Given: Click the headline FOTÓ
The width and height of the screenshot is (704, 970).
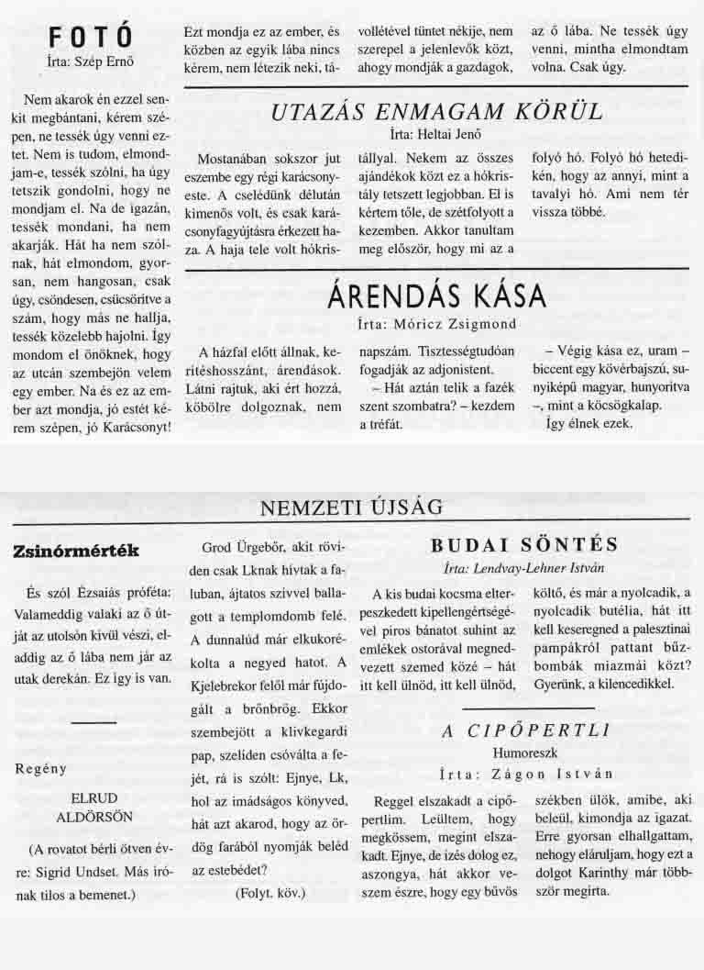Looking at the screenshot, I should (91, 38).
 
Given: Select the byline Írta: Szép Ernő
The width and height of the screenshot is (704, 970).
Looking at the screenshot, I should (90, 62).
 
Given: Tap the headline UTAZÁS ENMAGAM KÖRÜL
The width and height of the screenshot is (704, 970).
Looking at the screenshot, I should (437, 112).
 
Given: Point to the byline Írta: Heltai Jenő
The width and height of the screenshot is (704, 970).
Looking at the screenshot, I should (436, 134).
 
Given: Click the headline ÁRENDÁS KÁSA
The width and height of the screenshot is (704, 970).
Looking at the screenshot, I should (436, 295).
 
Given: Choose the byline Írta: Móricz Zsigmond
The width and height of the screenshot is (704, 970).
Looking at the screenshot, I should (436, 323).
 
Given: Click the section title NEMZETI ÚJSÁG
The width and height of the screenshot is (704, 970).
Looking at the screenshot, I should (352, 507).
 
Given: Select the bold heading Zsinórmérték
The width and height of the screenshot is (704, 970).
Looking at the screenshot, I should (75, 551).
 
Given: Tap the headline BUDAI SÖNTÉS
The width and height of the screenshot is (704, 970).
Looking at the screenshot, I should (524, 545).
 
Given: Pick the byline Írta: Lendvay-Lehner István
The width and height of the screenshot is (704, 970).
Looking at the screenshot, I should (523, 567).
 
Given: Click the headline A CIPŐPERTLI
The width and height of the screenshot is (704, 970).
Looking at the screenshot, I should (525, 731).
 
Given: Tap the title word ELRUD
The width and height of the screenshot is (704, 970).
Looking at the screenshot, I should (90, 797).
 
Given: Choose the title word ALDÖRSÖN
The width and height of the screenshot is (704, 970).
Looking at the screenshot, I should (90, 816).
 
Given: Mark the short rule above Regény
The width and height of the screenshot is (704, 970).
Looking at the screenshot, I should (92, 724).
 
